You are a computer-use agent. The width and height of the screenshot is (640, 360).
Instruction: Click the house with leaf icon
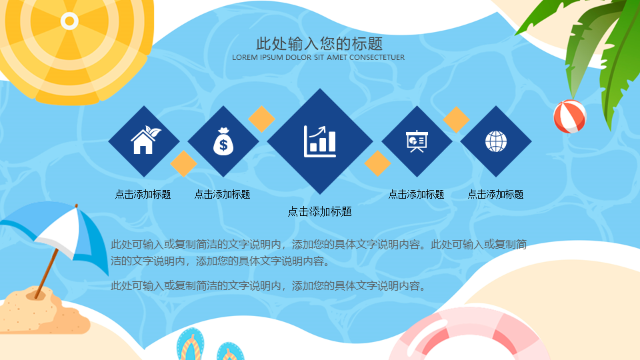point(145,140)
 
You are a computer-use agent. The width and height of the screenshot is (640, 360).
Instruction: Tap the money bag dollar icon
point(223,141)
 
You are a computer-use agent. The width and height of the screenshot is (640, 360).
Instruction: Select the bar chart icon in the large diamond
point(320,141)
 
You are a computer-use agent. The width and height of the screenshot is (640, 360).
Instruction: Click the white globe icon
point(496,141)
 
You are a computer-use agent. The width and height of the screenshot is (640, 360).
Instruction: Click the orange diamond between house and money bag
point(184,163)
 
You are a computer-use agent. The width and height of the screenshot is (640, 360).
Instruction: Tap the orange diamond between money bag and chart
point(261,119)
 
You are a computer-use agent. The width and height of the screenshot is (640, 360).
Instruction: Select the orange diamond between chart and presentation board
point(377,163)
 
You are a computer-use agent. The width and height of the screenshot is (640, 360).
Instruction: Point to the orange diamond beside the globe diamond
point(456,119)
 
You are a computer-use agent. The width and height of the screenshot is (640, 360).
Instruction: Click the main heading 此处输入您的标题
point(319,43)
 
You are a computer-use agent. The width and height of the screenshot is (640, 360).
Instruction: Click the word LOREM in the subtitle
point(245,57)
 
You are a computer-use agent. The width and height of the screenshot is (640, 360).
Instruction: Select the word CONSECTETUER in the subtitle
point(377,57)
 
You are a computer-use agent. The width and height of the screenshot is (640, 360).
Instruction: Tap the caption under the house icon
point(143,194)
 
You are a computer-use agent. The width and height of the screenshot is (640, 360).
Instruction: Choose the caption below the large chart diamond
point(319,211)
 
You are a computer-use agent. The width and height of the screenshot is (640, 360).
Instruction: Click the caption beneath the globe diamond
point(495,194)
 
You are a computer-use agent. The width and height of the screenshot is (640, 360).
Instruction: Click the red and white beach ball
point(570,117)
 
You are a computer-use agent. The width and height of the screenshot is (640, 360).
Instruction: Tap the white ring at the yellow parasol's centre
point(69,21)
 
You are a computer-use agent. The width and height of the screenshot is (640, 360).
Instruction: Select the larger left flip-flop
point(190,345)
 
